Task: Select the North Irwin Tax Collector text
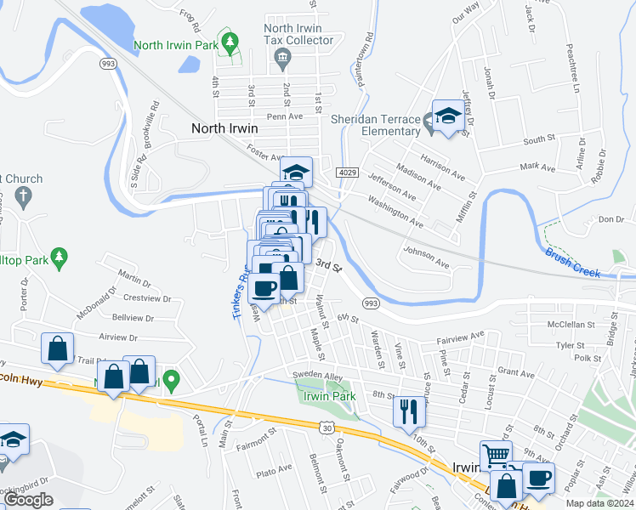298,34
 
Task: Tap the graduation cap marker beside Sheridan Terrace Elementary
447,116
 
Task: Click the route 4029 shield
346,173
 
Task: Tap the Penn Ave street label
285,116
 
